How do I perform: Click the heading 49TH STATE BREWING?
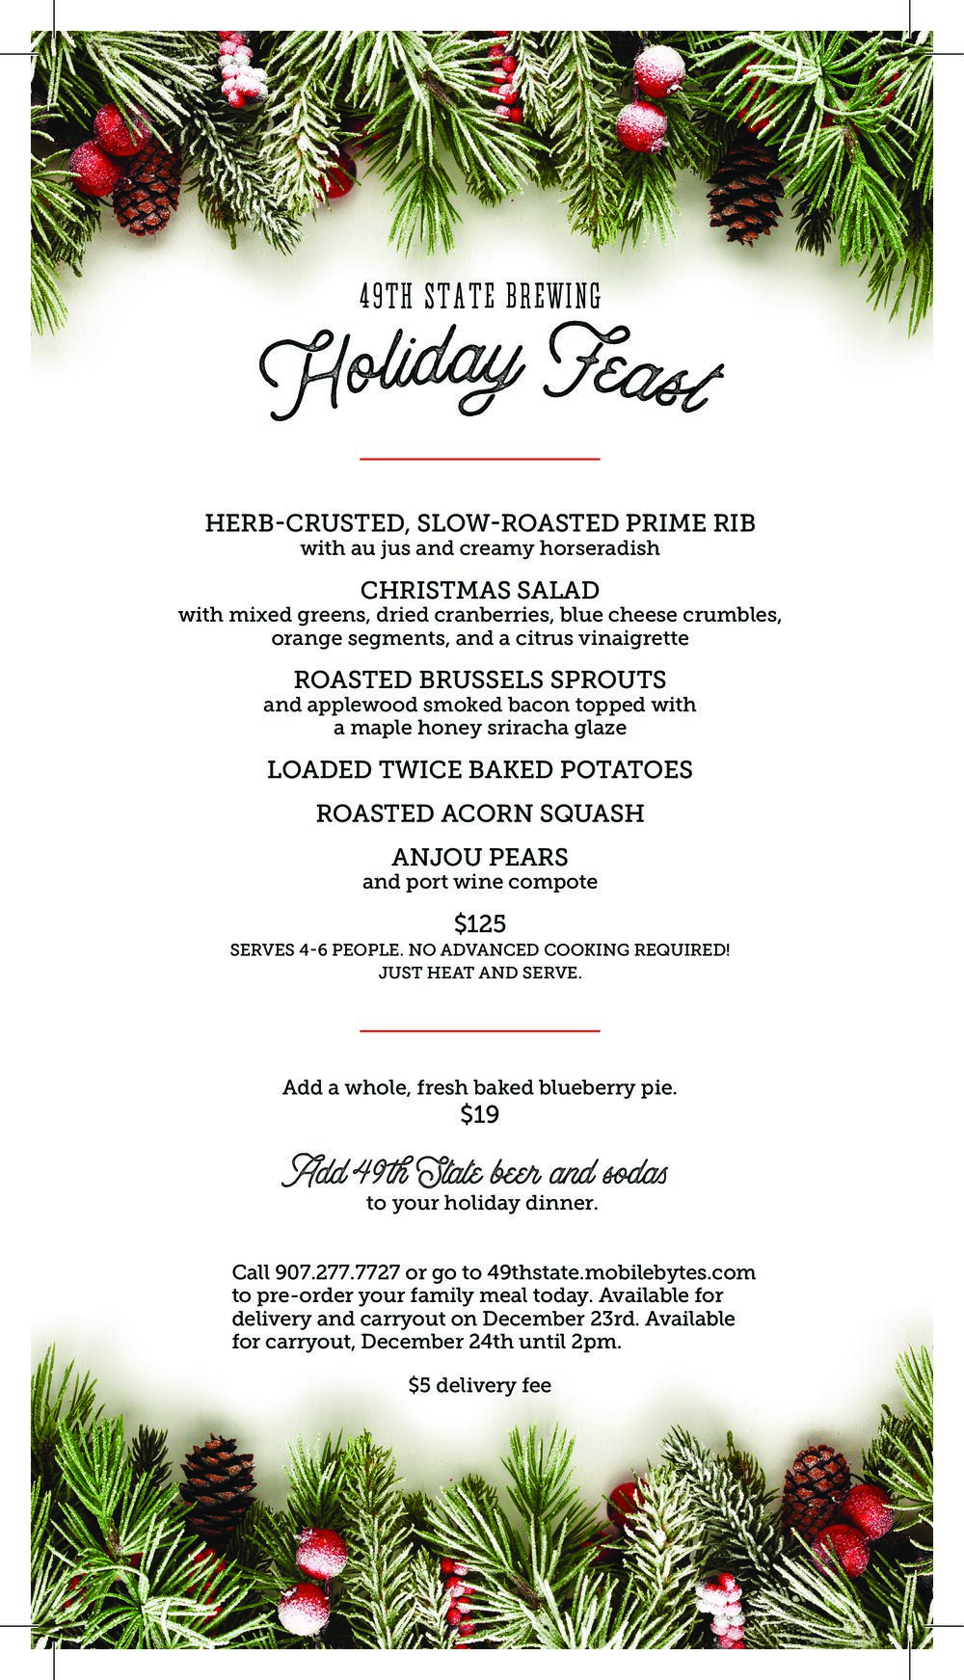pos(480,296)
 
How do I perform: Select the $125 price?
pos(480,924)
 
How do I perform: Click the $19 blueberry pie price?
pos(480,1115)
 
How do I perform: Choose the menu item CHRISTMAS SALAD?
pos(480,590)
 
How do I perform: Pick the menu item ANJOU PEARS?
pos(480,857)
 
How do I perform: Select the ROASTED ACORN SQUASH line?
pos(480,813)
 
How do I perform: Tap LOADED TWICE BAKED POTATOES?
pos(480,770)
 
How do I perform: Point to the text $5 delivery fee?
pos(480,1385)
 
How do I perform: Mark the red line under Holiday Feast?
pos(480,459)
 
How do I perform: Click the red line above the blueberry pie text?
pos(480,1030)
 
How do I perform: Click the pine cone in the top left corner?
pos(147,193)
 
